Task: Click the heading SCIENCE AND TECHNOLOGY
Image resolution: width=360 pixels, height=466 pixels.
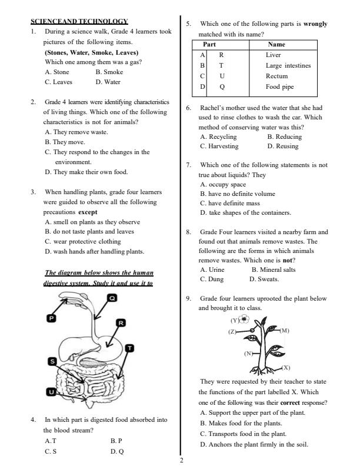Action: (x=79, y=21)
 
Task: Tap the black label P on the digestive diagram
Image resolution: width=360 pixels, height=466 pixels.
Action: (x=51, y=318)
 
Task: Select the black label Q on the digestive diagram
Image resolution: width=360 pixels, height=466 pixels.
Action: (x=112, y=298)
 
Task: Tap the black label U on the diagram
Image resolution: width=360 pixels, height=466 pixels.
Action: (x=52, y=392)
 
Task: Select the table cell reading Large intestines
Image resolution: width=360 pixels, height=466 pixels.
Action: (x=288, y=65)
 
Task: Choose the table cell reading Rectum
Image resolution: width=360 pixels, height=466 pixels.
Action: (x=276, y=76)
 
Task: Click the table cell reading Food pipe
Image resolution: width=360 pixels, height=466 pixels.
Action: (x=279, y=86)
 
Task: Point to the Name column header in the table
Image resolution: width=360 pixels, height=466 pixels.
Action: (x=276, y=44)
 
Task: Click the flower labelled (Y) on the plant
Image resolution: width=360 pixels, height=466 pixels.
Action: (x=245, y=319)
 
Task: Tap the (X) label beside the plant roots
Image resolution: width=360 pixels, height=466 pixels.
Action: (x=285, y=367)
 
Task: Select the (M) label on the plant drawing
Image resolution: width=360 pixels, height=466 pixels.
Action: (x=285, y=331)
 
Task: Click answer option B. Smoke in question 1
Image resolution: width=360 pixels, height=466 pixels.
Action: (x=109, y=72)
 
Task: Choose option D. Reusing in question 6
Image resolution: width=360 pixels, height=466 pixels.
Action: (x=283, y=146)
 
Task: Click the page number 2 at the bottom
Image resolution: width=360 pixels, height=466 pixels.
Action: (x=181, y=460)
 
